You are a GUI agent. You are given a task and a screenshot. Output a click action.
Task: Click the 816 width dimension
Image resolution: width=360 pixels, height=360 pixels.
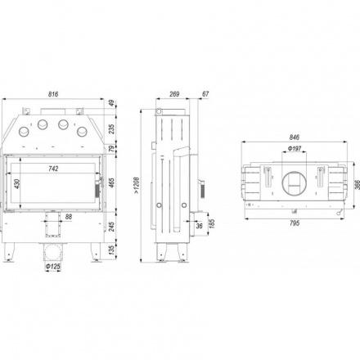coord(53,94)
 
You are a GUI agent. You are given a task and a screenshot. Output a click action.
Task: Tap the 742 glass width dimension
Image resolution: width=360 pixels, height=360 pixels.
coord(53,169)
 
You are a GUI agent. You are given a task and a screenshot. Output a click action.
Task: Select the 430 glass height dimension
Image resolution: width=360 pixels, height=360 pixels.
coord(17,184)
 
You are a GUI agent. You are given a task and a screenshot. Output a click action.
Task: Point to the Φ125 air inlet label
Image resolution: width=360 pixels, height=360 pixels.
coord(53,266)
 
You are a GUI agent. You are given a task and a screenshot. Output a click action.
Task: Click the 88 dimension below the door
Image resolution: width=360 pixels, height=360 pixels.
coord(69,217)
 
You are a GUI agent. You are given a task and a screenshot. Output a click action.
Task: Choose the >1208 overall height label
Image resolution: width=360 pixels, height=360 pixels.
coord(137,186)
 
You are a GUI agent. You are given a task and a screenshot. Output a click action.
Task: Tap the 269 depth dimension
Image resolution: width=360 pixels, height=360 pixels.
coord(174,94)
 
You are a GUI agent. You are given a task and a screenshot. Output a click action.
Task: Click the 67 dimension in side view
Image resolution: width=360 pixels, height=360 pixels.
coord(205,94)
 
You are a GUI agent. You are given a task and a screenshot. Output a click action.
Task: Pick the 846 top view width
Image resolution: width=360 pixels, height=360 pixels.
coord(295,137)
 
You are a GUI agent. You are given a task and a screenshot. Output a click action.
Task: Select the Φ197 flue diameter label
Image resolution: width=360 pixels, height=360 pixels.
coord(295,149)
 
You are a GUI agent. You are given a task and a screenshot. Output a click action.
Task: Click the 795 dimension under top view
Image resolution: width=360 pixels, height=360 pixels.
coord(295,223)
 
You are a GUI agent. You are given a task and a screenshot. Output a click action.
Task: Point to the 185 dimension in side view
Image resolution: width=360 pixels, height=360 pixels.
coord(211,223)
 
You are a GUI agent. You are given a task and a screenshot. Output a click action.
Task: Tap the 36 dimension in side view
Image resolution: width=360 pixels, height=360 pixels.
coord(200,226)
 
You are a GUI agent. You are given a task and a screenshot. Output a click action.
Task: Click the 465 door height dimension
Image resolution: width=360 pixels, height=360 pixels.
coord(111,182)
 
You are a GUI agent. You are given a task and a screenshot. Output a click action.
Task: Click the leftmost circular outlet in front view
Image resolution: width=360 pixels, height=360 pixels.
coord(24,132)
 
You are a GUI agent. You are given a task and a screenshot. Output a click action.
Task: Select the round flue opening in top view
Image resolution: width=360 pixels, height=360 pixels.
coord(295,183)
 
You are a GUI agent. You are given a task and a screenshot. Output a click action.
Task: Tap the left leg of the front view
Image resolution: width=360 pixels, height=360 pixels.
coord(9,252)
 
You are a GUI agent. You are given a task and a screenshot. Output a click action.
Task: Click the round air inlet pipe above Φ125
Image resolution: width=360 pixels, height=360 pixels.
coord(53,252)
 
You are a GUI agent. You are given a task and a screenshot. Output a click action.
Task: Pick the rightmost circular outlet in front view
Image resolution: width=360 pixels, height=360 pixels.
coord(82,132)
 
